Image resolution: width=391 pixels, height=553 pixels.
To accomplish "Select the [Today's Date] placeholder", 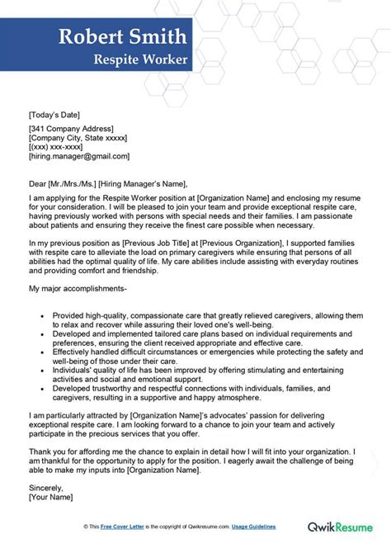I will [x=54, y=114].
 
